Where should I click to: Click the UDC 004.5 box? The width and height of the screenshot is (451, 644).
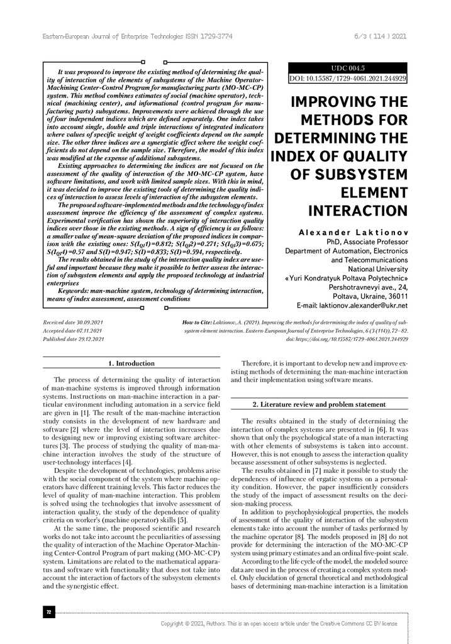pos(347,68)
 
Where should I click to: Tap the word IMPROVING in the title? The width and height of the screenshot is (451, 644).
pos(347,103)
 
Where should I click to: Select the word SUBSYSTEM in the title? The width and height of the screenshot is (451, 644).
pos(357,174)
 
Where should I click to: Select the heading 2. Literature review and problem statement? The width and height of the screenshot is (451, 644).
pos(319,404)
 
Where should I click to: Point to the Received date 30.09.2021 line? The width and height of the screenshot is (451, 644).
pos(72,321)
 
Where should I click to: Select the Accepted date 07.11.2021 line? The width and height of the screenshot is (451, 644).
pos(72,330)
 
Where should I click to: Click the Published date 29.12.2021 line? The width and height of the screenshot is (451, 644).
pos(74,338)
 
